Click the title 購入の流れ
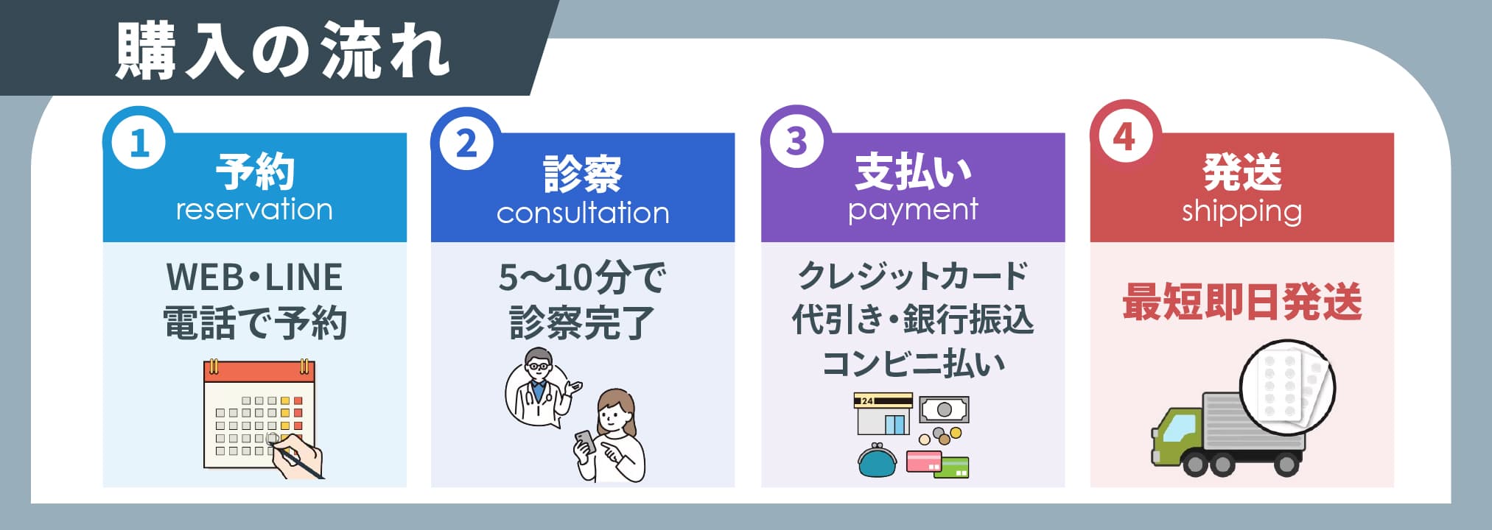283,52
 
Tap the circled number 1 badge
139,143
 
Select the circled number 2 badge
467,143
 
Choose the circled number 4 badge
1124,138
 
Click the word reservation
254,210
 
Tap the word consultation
583,213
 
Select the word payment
913,211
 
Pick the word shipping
1241,212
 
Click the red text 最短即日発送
1241,303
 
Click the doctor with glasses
538,386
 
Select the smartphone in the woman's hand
586,442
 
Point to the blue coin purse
878,460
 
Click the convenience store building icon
883,414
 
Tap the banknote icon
944,409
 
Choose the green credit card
954,467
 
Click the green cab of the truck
1177,434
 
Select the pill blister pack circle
1286,387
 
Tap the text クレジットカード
913,276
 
